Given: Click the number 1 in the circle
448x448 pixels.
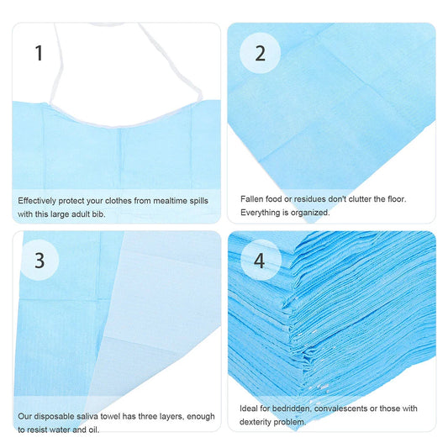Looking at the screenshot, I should click(39, 54).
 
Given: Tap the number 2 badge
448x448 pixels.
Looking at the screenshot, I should click(260, 54).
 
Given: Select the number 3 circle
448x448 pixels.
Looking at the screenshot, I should click(39, 261).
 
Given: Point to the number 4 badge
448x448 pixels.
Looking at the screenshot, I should click(260, 261).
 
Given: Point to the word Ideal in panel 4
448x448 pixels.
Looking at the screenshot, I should click(250, 408).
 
